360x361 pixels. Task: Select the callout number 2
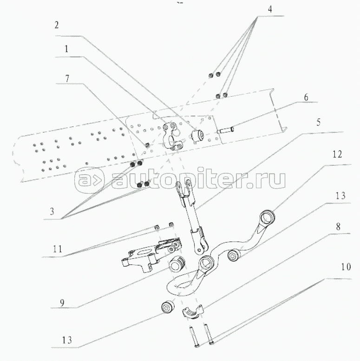point(57,26)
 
